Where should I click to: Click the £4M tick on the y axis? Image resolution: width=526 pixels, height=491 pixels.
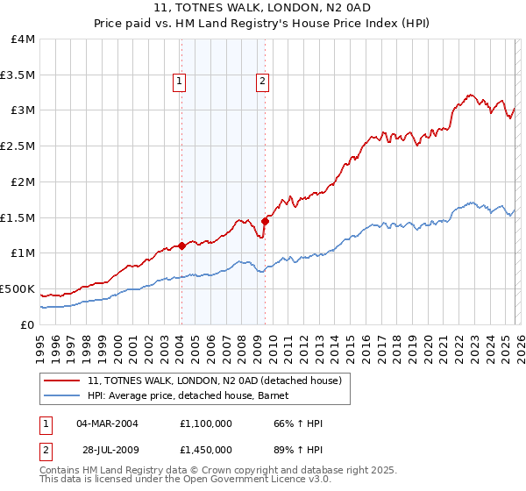pyautogui.click(x=24, y=39)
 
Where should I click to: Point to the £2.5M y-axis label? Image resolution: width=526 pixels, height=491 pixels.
pyautogui.click(x=19, y=146)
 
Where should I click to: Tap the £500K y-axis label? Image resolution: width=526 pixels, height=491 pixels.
pyautogui.click(x=18, y=288)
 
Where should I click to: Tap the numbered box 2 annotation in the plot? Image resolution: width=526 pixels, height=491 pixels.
pyautogui.click(x=262, y=82)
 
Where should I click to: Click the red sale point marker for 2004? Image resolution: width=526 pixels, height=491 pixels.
pyautogui.click(x=181, y=246)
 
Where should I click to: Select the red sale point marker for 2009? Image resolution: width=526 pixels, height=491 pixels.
pyautogui.click(x=265, y=221)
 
